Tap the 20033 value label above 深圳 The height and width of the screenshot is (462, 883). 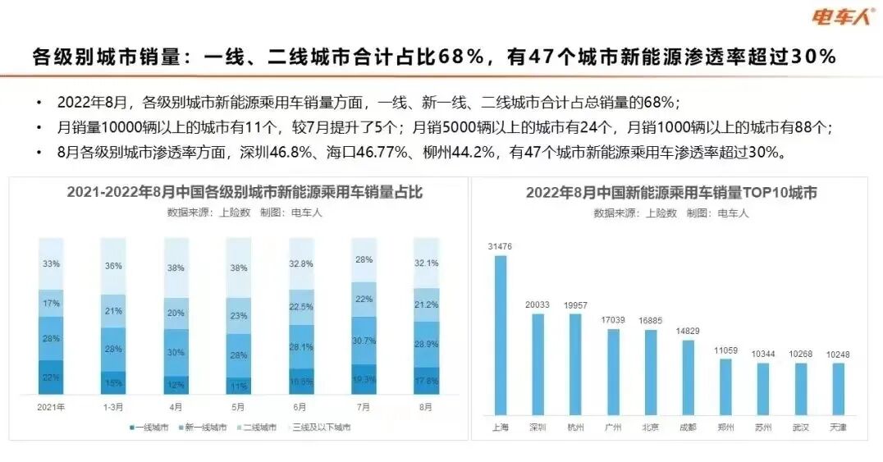click(538, 304)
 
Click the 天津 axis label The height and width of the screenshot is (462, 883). click(838, 428)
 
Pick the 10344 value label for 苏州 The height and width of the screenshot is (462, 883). click(762, 353)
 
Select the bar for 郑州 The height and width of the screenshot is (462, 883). click(725, 385)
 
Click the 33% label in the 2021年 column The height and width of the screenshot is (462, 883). click(51, 264)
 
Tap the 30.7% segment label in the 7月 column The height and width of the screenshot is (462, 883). click(364, 341)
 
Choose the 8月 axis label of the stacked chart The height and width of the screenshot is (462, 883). click(426, 406)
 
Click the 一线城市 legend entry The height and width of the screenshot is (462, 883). click(150, 428)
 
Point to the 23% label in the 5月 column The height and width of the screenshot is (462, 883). click(238, 316)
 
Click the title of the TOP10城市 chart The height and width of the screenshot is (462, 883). click(671, 194)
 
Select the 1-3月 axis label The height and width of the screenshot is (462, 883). click(113, 406)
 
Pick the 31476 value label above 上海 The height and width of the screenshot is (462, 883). click(500, 246)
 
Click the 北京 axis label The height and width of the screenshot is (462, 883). click(650, 428)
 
